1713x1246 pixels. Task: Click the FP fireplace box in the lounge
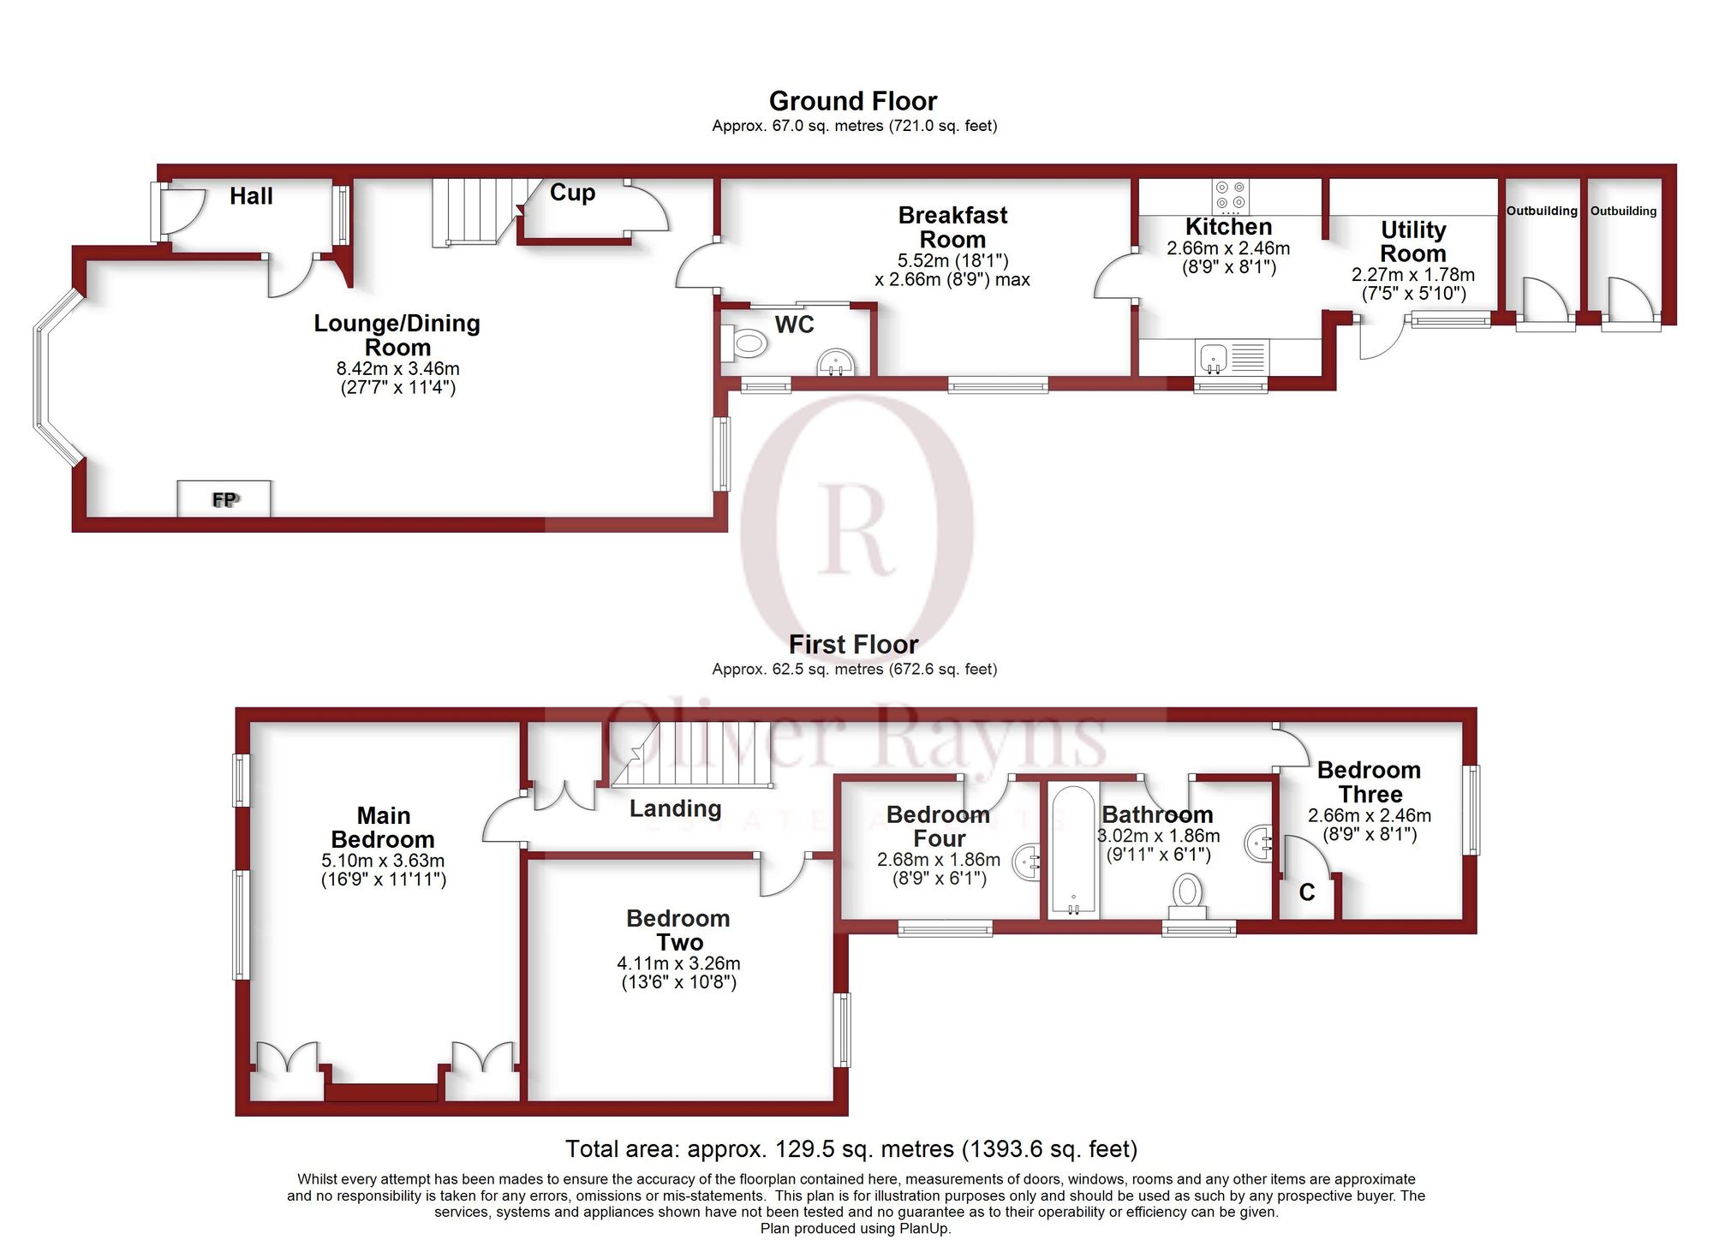[x=224, y=498]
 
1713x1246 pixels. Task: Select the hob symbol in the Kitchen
[x=1230, y=196]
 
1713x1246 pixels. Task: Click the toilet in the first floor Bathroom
[x=1187, y=892]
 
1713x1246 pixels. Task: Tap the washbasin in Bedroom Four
[x=1027, y=861]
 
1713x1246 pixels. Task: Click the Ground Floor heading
[x=852, y=101]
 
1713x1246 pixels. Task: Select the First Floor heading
[x=853, y=644]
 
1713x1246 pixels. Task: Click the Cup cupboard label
[x=572, y=193]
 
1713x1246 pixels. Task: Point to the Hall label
[x=251, y=196]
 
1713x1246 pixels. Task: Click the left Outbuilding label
[x=1542, y=211]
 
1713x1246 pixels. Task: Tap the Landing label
[x=675, y=808]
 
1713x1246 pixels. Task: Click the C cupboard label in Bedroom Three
[x=1306, y=892]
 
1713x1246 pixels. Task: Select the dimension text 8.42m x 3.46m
[x=397, y=369]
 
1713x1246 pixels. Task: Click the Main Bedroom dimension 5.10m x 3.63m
[x=383, y=861]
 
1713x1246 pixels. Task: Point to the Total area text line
[x=851, y=1148]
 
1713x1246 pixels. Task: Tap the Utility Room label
[x=1412, y=241]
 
